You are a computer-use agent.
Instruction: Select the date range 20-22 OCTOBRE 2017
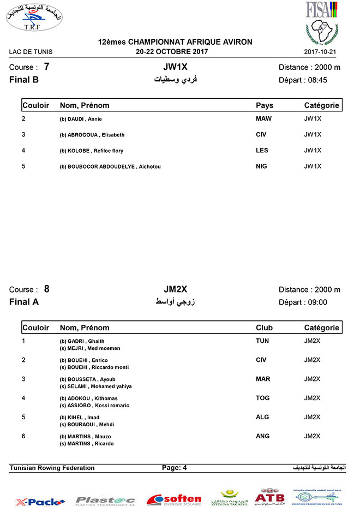[172, 52]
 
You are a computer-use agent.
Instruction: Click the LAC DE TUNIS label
[31, 52]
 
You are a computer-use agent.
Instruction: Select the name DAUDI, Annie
[81, 119]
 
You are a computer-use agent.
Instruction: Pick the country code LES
[262, 150]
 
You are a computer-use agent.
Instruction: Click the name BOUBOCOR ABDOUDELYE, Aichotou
[110, 166]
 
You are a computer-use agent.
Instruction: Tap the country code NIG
[262, 166]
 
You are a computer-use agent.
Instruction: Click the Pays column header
[265, 105]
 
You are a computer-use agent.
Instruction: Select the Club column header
[265, 327]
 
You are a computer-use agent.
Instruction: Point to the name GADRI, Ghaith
[82, 341]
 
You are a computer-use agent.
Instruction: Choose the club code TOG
[263, 398]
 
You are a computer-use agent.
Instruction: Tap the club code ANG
[263, 436]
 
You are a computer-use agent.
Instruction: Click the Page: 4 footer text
[175, 468]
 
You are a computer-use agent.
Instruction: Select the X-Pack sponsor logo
[40, 501]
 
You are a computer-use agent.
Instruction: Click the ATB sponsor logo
[270, 497]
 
